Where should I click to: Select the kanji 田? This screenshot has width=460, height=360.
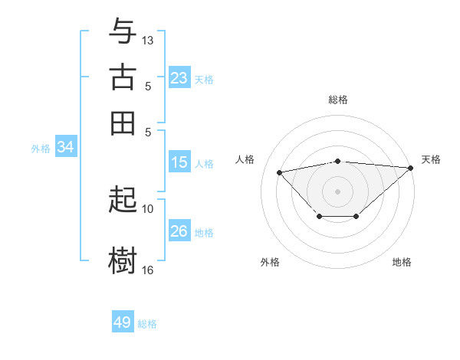coord(123,123)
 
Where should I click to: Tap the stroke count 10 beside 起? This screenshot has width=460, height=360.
coord(148,208)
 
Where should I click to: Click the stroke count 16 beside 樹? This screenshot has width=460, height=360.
coord(148,270)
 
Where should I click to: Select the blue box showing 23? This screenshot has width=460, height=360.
coord(179,78)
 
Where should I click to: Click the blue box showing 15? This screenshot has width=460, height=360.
coord(179,162)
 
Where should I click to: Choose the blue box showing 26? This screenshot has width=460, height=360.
coord(179,231)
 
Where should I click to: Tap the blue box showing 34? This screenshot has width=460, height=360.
coord(65,148)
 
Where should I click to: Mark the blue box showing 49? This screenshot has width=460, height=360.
coord(123,322)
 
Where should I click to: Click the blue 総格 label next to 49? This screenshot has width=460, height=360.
coord(147,324)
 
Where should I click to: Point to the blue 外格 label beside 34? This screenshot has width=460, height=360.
coord(40,149)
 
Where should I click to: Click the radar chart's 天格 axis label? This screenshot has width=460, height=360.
coord(431,159)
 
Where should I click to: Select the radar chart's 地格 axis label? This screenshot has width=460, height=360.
coord(402,262)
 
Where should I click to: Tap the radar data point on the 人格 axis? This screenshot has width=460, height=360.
coord(280,172)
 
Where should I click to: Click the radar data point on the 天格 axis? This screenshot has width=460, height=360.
coord(411,169)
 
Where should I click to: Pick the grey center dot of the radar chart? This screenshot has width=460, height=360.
coord(337,190)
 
